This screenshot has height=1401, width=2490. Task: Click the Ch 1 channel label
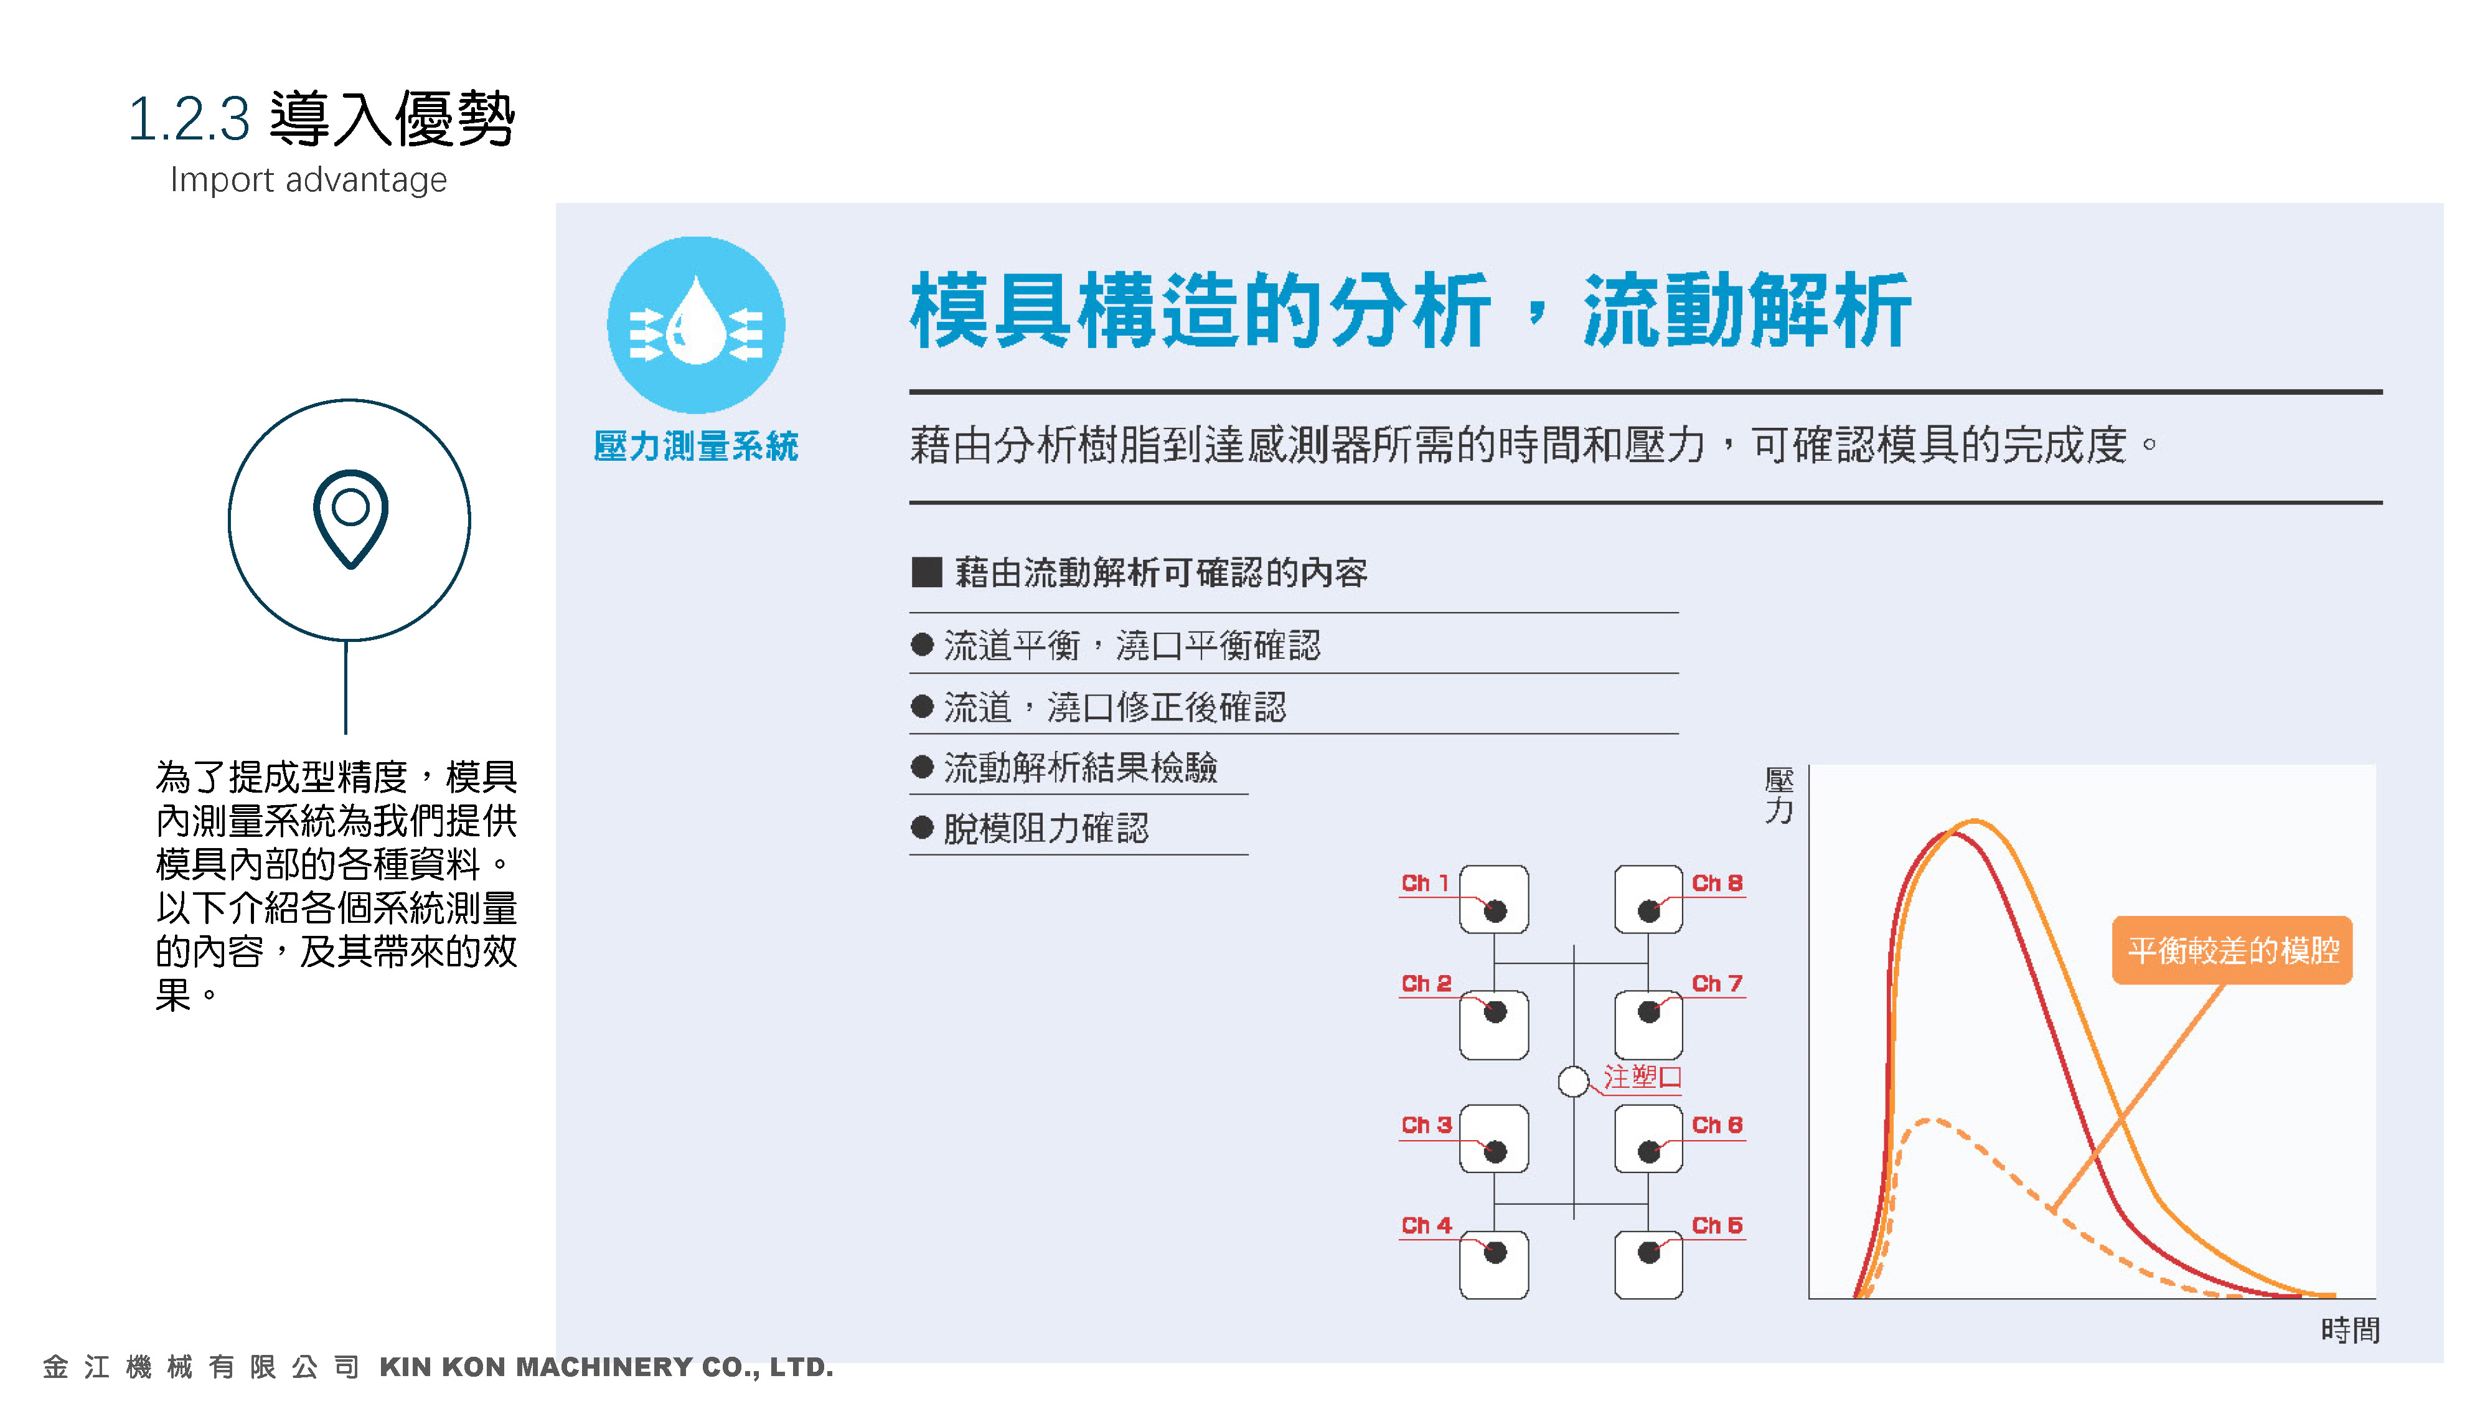pos(1425,884)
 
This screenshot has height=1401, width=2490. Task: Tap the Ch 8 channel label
pos(1717,884)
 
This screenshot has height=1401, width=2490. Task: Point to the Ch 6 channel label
pos(1717,1125)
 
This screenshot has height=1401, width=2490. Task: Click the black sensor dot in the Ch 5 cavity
pos(1649,1253)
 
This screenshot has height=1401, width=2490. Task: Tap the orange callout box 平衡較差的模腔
pos(2232,950)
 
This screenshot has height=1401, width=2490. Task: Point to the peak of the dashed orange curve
pos(1929,1121)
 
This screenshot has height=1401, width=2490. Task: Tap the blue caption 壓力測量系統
pos(696,446)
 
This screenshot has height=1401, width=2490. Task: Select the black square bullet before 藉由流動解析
pos(926,572)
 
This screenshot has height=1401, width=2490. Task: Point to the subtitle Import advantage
pos(308,180)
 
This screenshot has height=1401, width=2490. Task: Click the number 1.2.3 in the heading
pos(189,120)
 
